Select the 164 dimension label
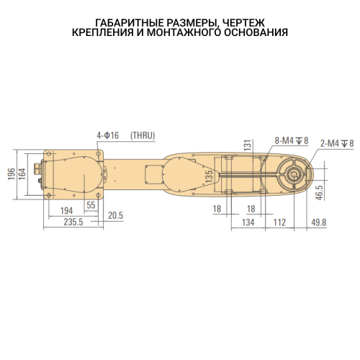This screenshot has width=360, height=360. [22, 174]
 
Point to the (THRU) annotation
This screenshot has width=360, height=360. [142, 135]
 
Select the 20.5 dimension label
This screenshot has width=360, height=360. [115, 215]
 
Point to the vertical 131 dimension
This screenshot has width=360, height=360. [247, 146]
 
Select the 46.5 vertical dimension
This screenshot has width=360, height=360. [319, 193]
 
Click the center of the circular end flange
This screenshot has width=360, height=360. [292, 175]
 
